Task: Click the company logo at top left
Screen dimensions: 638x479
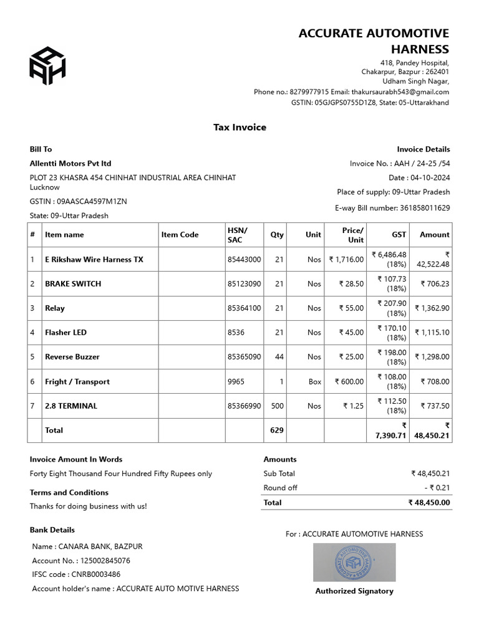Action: (x=47, y=66)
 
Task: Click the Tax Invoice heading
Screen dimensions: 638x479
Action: (x=239, y=127)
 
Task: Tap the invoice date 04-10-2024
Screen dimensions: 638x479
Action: (x=430, y=178)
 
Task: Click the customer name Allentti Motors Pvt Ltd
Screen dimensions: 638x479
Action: (x=70, y=163)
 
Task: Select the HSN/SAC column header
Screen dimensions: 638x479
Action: (x=237, y=235)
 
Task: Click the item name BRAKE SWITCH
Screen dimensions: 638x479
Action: (x=73, y=283)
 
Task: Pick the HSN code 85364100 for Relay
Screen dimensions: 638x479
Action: (x=244, y=308)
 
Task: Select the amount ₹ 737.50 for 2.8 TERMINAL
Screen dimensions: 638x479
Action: (x=435, y=406)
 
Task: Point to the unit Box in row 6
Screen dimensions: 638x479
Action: (x=315, y=381)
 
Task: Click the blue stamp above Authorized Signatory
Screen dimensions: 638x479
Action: (x=354, y=562)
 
